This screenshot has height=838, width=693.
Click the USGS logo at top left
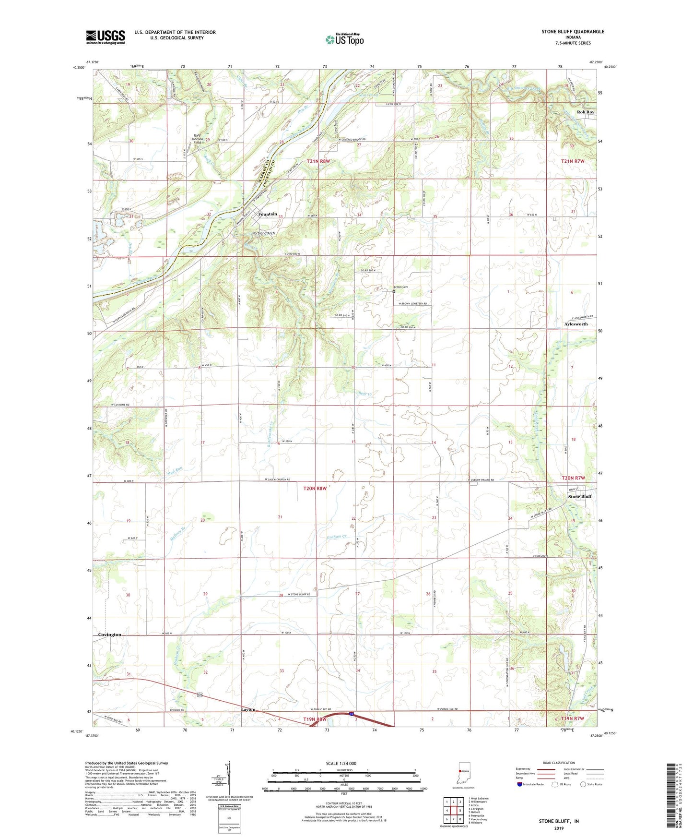106,37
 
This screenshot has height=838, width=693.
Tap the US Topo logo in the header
344,39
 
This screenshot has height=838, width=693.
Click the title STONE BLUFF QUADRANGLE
573,32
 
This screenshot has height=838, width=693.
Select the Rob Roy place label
586,112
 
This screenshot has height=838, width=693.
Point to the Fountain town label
268,214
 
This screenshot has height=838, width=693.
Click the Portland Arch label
264,233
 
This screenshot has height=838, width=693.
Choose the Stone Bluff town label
580,496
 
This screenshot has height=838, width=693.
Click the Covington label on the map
110,634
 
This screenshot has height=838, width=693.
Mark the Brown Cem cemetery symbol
394,291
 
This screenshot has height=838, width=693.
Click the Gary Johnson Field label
198,139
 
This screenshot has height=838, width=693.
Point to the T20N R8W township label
315,488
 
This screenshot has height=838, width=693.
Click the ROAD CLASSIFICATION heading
559,763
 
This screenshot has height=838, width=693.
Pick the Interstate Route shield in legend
519,785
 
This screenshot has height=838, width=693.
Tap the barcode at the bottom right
672,797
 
